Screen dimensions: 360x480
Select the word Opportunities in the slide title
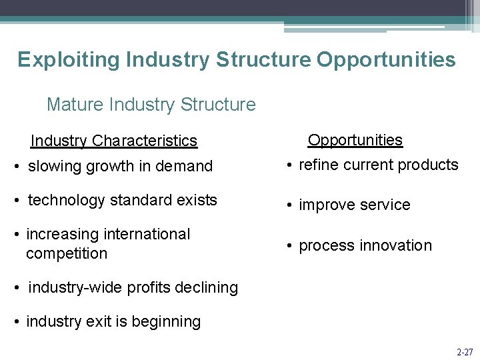point(386,59)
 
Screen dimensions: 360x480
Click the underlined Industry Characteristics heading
point(114,141)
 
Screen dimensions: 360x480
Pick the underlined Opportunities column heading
point(355,140)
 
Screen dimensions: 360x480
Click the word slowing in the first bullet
point(55,166)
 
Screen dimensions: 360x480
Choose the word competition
point(67,253)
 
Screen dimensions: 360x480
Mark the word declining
point(207,287)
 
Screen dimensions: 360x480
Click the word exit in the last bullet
point(99,321)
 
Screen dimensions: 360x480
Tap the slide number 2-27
point(465,351)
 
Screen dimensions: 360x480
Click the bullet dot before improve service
point(291,205)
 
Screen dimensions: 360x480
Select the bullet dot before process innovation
point(291,246)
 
